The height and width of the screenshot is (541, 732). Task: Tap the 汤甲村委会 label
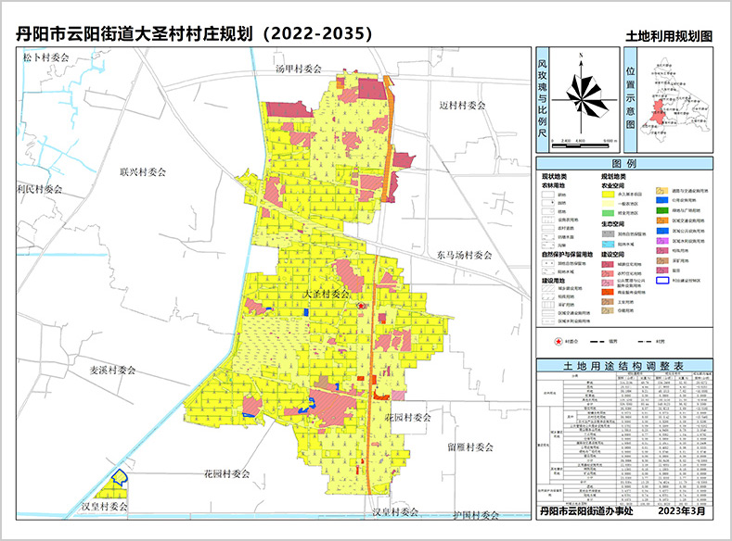(298, 69)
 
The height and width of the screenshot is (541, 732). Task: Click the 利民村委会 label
(39, 189)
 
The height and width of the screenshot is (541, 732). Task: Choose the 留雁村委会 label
(469, 447)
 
